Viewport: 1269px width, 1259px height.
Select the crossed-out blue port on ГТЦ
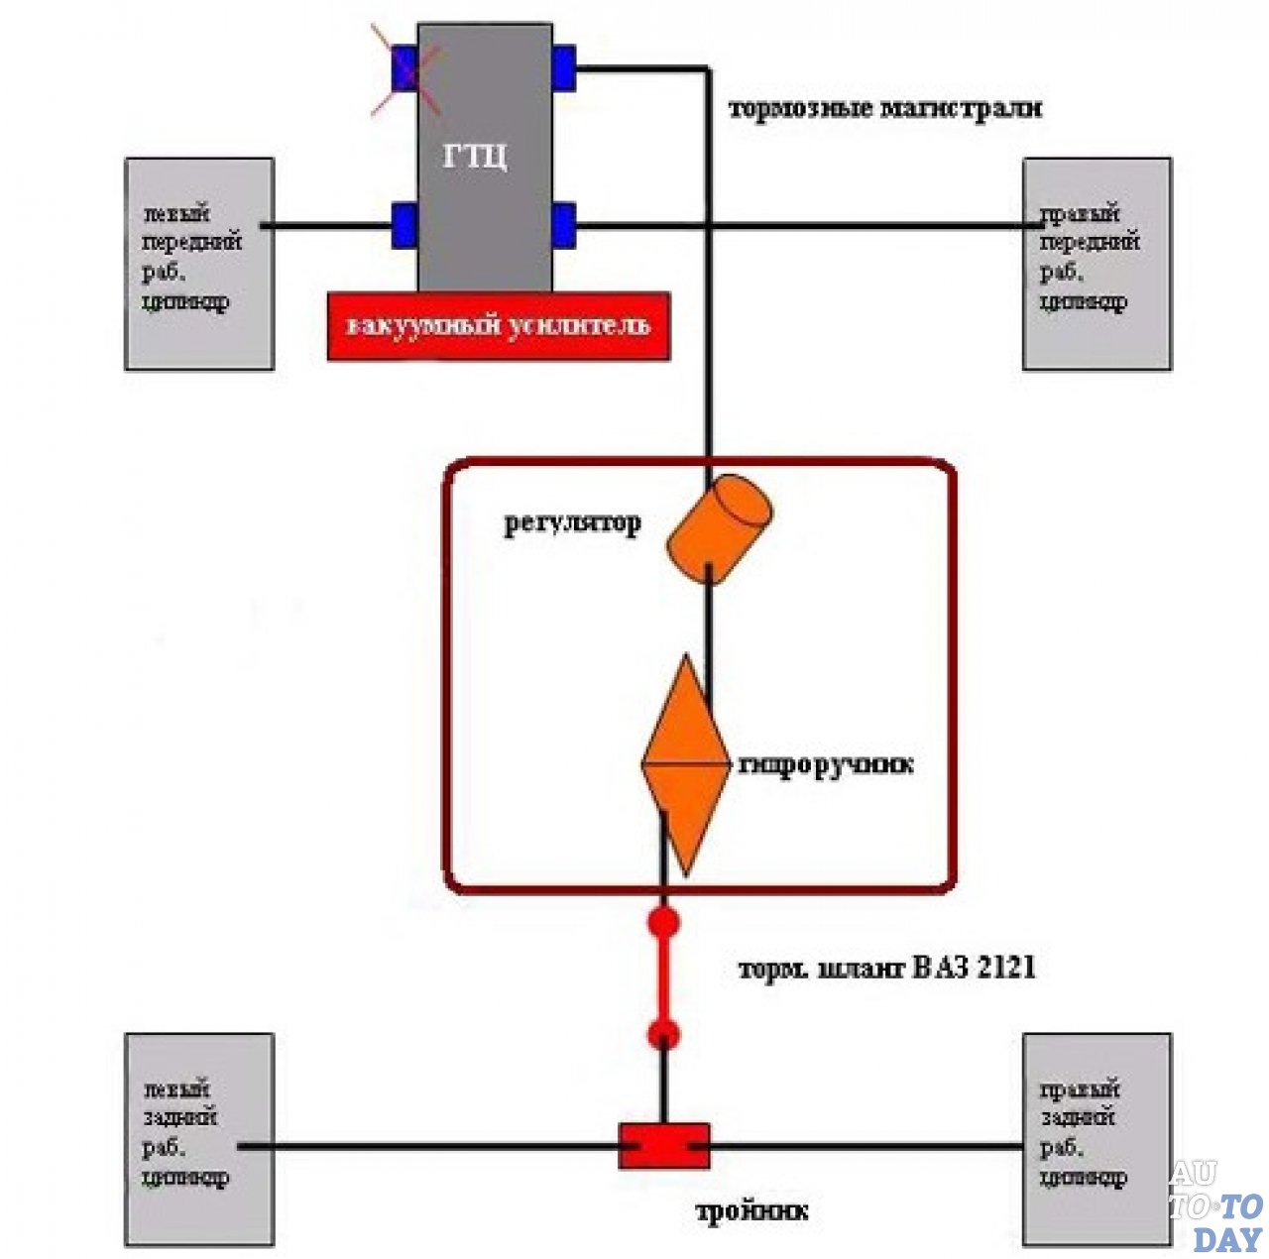[x=404, y=69]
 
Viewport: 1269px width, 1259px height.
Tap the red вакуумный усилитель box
[x=498, y=326]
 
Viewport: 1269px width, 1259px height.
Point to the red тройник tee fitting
[x=664, y=1146]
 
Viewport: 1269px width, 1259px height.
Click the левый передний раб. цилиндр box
[x=199, y=264]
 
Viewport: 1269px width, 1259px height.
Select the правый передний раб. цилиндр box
[x=1096, y=264]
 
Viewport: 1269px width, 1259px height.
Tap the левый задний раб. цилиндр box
[x=199, y=1140]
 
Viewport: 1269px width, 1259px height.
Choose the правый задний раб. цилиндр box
[x=1096, y=1140]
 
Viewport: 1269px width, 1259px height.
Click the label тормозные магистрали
[x=885, y=108]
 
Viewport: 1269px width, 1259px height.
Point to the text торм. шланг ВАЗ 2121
[x=887, y=968]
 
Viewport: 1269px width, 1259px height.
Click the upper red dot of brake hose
[x=663, y=923]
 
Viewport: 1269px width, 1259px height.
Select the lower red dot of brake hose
[x=663, y=1036]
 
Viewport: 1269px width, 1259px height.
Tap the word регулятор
[x=572, y=522]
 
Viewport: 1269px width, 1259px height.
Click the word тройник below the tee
[x=751, y=1211]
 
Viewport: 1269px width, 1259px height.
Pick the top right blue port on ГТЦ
[x=564, y=67]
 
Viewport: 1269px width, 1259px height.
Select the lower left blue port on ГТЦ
[x=404, y=225]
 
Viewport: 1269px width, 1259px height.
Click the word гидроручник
[x=826, y=765]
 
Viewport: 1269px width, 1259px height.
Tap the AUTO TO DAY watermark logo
[x=1215, y=1206]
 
